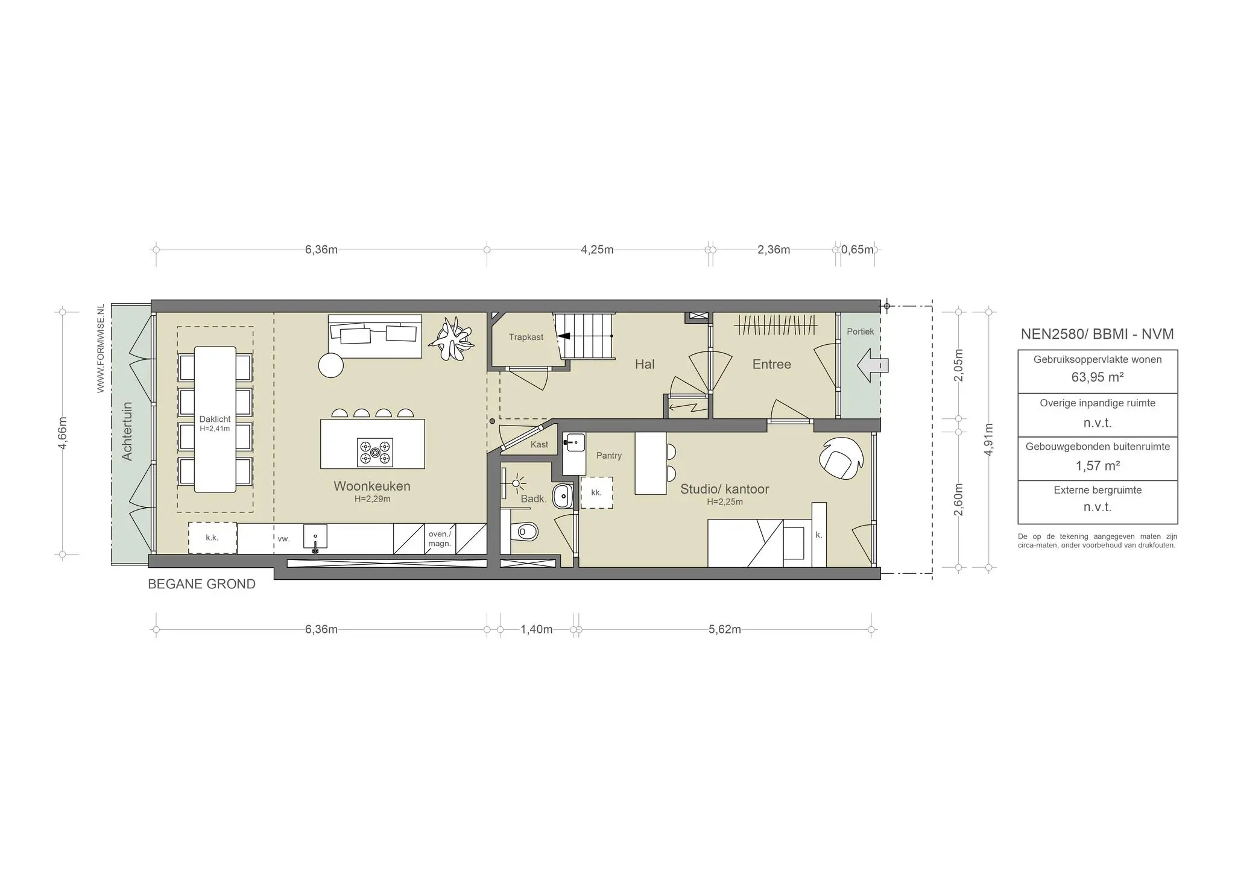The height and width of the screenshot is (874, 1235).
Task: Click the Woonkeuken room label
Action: [371, 486]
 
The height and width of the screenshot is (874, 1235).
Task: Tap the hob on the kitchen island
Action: [375, 452]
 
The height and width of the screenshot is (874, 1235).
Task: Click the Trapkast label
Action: [526, 337]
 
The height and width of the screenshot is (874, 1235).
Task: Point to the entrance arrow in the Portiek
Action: [872, 365]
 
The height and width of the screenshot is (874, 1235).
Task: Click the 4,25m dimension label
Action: [597, 250]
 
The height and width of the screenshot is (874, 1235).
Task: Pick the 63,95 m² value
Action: [1097, 377]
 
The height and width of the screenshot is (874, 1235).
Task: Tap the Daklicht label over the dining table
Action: [215, 420]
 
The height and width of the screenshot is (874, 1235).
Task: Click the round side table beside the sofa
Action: [330, 365]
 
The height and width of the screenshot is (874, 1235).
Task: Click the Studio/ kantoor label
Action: [724, 489]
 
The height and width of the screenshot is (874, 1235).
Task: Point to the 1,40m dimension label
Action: [536, 629]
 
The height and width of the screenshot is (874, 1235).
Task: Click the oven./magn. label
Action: [440, 538]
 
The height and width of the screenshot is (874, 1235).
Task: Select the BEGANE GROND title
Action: [201, 584]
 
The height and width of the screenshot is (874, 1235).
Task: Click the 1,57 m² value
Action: [1097, 466]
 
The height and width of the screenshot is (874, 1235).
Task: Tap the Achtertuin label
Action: [127, 431]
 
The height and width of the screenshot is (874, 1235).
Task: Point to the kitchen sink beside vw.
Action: [315, 536]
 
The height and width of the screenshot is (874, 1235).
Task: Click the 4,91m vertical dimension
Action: [988, 439]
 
